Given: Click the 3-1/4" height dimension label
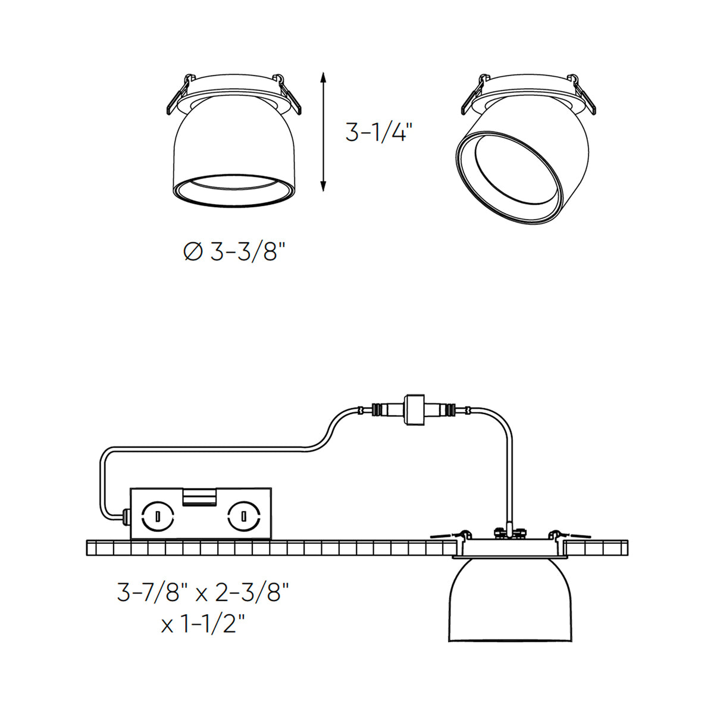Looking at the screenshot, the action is point(379,131).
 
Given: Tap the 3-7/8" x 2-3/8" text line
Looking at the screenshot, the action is point(203,592).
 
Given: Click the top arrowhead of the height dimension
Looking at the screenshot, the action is point(323,77).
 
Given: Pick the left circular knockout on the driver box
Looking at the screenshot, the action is point(158,516).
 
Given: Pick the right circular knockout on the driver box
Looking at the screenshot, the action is point(244,516).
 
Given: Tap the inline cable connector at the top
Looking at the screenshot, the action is point(415,409).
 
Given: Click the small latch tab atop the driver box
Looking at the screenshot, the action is point(199,496).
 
